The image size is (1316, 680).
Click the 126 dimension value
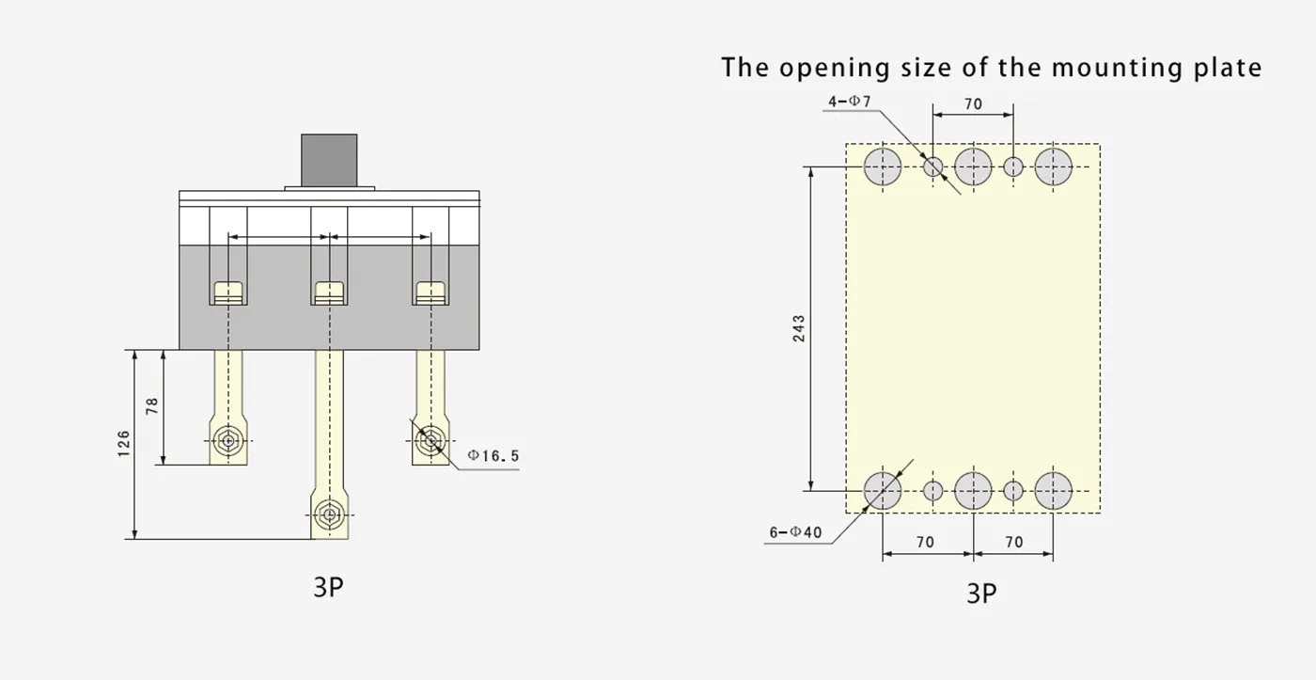point(123,444)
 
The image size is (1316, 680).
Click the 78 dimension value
point(152,406)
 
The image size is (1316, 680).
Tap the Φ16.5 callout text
point(493,455)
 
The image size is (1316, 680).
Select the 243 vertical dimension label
point(799,328)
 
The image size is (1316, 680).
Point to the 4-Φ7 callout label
point(850,101)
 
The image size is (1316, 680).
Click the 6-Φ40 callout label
point(795,532)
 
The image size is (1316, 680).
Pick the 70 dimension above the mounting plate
point(973,104)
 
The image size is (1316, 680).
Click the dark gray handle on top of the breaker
point(329,161)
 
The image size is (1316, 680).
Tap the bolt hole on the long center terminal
point(330,514)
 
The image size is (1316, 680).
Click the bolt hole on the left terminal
point(227,440)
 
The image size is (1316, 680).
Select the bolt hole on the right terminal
point(431,440)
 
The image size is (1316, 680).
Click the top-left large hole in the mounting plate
point(883,166)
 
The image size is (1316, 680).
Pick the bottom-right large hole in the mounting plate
point(1053,491)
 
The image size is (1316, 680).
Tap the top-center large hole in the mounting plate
point(973,166)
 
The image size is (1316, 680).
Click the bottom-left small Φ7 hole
point(932,491)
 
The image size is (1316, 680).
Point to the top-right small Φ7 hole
point(1013,166)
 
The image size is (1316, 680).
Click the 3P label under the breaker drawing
point(328,587)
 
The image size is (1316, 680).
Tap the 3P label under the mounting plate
point(981,593)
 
